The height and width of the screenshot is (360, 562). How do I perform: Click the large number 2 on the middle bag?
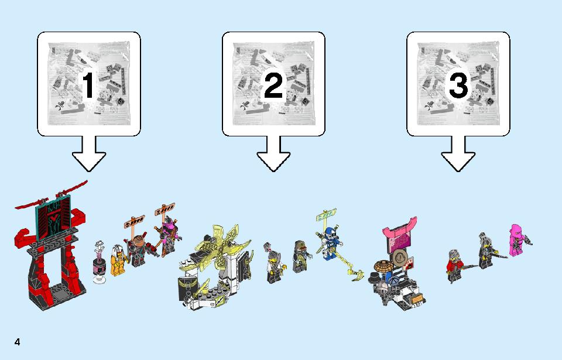273,85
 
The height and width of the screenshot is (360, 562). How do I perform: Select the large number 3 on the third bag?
458,85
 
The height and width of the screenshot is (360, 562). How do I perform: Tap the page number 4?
17,342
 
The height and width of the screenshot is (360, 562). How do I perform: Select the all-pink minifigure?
517,240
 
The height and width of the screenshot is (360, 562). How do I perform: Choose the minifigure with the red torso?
456,265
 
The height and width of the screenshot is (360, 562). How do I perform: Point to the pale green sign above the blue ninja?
326,215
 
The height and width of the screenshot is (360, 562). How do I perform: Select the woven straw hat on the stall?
383,266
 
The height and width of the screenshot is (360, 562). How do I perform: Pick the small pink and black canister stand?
99,262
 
